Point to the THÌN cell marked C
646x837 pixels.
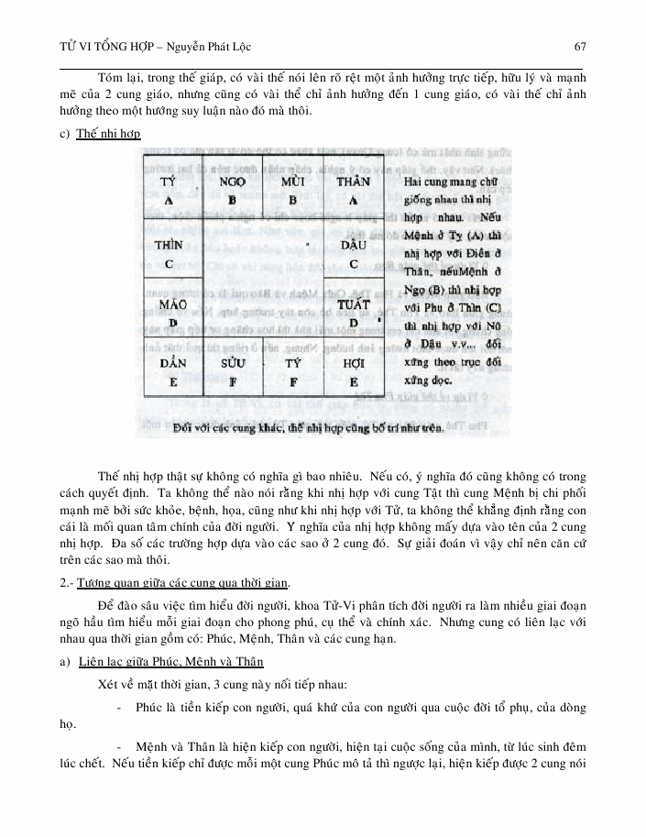(170, 253)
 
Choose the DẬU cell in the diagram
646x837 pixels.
(353, 253)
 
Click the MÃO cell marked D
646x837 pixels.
(170, 312)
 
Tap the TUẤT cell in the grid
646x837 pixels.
(353, 312)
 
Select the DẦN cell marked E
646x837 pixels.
(170, 370)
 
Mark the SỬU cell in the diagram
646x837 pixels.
(232, 370)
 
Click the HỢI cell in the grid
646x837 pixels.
(353, 370)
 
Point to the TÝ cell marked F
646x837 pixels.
(292, 370)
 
